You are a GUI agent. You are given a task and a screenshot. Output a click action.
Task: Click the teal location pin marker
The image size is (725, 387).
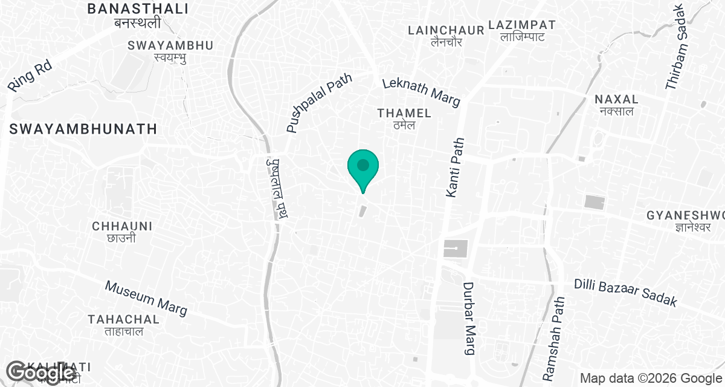pos(362,167)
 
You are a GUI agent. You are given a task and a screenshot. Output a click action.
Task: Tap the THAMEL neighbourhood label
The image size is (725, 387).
pos(404,113)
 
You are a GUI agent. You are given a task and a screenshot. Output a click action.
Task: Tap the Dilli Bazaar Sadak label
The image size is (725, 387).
pos(625,293)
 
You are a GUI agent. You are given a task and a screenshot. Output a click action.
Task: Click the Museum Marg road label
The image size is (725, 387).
pos(146,298)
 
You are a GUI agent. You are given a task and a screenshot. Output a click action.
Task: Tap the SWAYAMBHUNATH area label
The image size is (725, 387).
pos(83,129)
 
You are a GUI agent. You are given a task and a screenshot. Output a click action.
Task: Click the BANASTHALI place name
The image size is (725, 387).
pos(138,9)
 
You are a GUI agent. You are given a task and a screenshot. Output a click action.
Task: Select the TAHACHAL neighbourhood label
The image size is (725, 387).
pos(123,319)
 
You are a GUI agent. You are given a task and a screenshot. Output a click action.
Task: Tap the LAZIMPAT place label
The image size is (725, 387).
pos(522,25)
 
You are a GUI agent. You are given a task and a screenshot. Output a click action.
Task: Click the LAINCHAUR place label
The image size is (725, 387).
pos(446,30)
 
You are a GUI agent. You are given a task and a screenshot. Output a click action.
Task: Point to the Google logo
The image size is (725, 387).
pos(41,373)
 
